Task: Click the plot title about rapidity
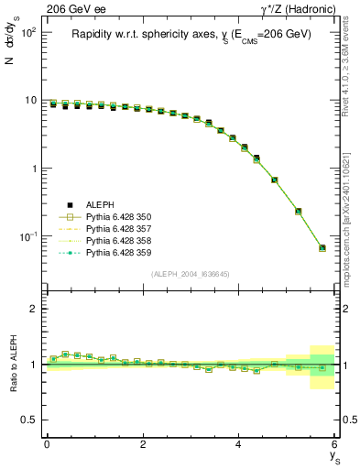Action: (x=191, y=34)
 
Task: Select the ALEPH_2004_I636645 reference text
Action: (x=191, y=274)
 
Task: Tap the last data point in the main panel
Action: (x=322, y=247)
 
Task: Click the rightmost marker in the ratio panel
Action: (x=322, y=368)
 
